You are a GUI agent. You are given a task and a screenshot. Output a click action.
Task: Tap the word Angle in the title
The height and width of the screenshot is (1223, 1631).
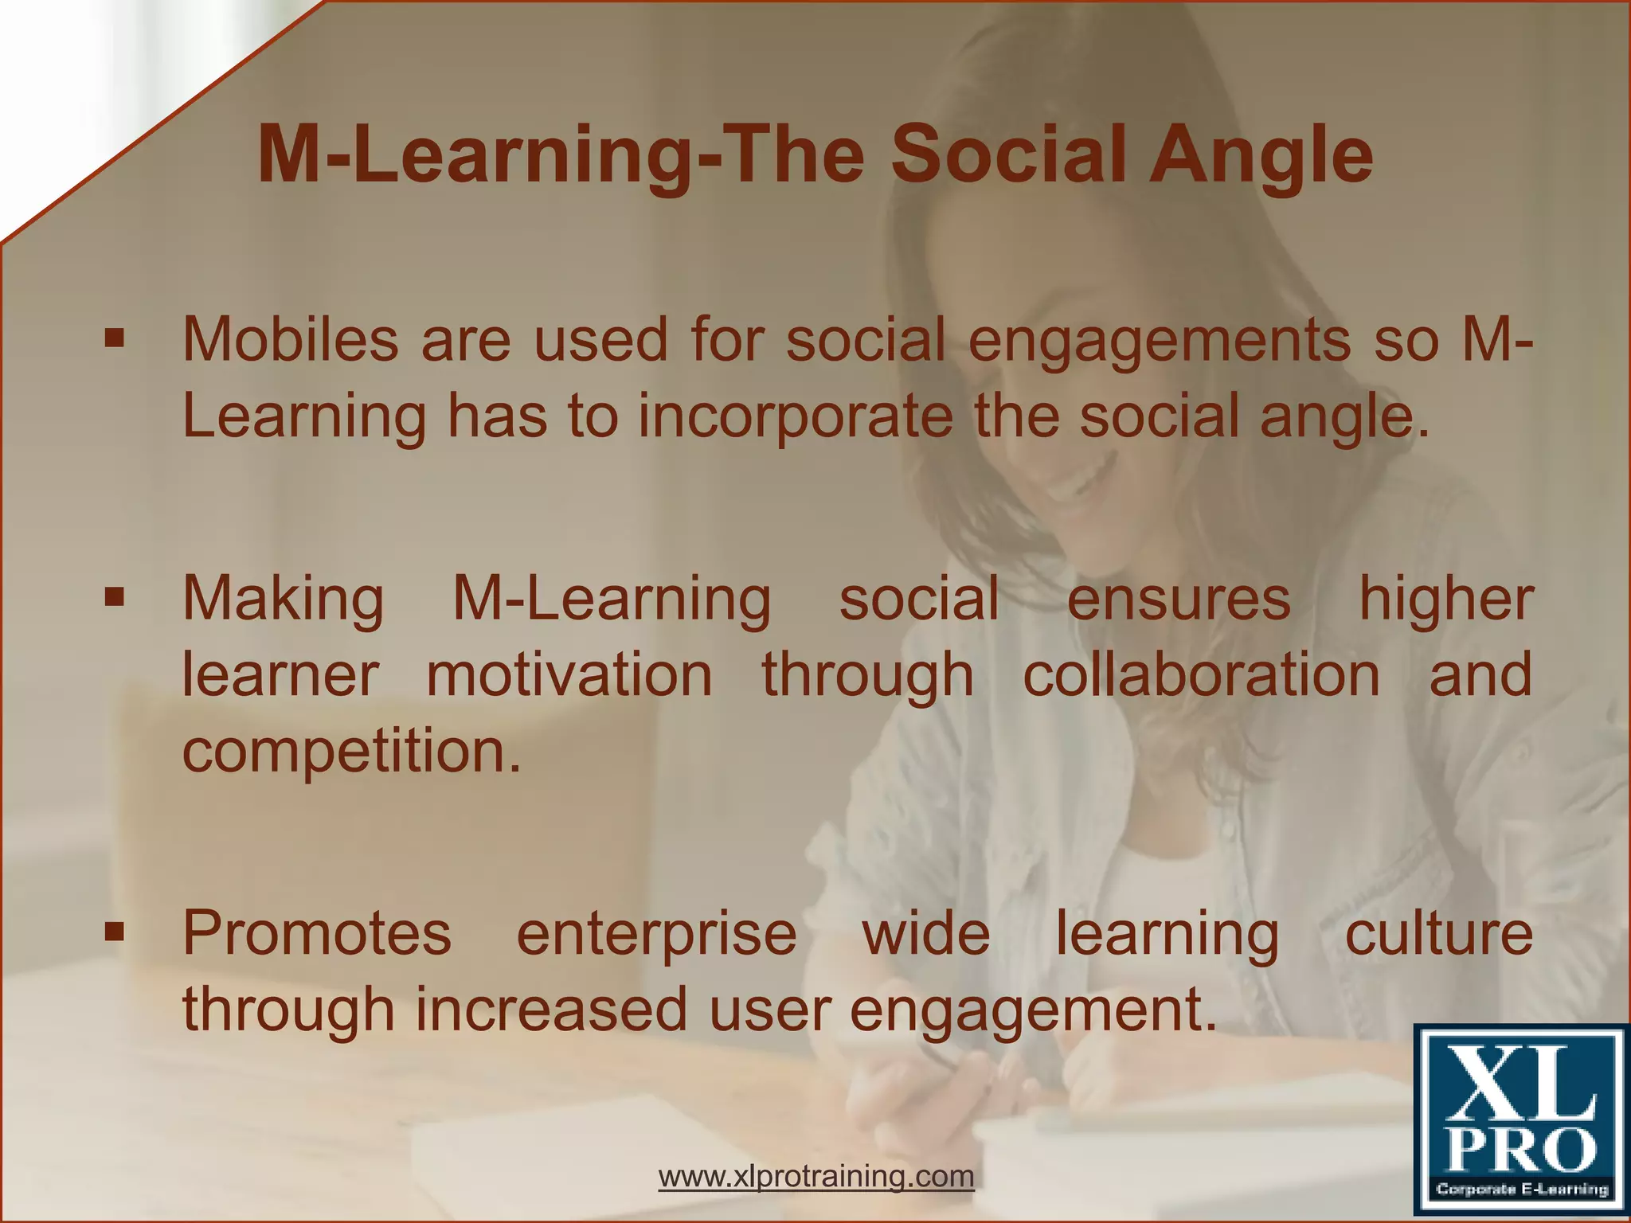pyautogui.click(x=1261, y=157)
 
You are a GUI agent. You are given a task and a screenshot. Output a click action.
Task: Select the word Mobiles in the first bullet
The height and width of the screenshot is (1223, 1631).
pyautogui.click(x=290, y=340)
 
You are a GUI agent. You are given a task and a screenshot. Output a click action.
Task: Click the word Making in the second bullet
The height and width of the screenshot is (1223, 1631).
pyautogui.click(x=283, y=600)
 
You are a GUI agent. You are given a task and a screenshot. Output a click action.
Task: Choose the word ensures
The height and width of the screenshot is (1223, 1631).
pyautogui.click(x=1178, y=599)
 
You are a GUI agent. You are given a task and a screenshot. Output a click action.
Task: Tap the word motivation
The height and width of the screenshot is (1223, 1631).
pyautogui.click(x=569, y=675)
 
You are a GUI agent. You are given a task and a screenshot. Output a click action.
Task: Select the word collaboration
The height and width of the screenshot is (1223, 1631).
pyautogui.click(x=1201, y=675)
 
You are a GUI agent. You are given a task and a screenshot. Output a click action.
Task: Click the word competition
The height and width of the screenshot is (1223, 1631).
pyautogui.click(x=351, y=752)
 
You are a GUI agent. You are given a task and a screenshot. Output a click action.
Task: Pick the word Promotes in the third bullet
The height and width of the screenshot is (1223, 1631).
pyautogui.click(x=316, y=933)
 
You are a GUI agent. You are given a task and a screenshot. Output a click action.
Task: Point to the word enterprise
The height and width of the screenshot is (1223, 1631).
pyautogui.click(x=656, y=935)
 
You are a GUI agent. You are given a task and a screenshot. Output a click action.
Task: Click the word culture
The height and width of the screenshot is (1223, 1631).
pyautogui.click(x=1438, y=933)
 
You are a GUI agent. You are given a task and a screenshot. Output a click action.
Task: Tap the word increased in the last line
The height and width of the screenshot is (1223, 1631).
pyautogui.click(x=550, y=1010)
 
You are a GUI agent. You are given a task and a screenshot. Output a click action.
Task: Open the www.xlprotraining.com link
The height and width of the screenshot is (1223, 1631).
pyautogui.click(x=816, y=1176)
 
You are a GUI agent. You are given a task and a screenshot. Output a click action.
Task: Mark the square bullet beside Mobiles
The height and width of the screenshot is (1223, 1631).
pyautogui.click(x=115, y=339)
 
